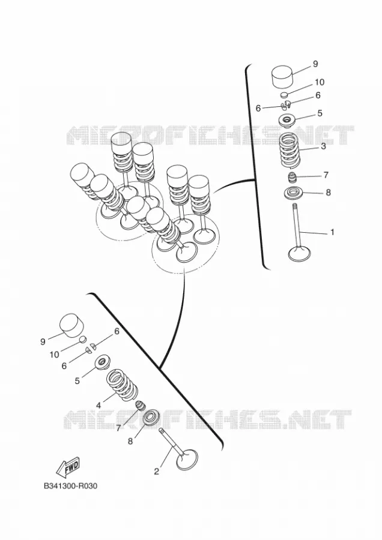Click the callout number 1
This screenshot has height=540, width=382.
(332, 232)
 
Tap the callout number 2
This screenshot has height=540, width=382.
(157, 472)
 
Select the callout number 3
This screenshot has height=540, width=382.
(323, 146)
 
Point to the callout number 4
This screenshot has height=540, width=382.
(99, 406)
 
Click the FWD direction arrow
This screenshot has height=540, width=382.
(68, 467)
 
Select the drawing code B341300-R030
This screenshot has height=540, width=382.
(70, 486)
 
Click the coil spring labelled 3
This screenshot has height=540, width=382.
(291, 151)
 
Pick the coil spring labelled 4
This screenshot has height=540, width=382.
(121, 385)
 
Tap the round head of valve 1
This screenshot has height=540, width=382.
(299, 254)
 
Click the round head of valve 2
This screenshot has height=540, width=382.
(187, 460)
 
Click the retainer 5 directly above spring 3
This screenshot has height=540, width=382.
(287, 121)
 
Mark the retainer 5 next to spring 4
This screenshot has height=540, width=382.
(102, 362)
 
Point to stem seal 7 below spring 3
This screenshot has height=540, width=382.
(293, 178)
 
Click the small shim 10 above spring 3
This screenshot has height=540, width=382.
(283, 95)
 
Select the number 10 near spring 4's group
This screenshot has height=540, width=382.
(54, 355)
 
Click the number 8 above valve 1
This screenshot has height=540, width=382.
(328, 192)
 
